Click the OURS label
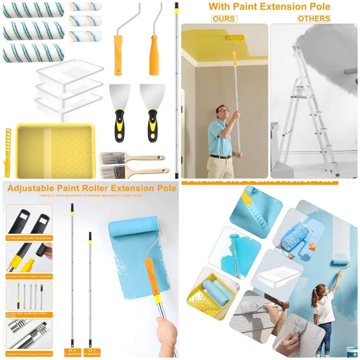[x=224, y=19]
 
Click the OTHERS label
[x=314, y=19]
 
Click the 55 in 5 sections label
[x=73, y=352]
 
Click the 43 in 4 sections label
[x=92, y=352]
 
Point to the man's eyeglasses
[x=223, y=110]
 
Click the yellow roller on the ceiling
[x=235, y=38]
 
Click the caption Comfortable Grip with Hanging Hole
[x=29, y=238]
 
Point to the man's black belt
[x=220, y=157]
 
